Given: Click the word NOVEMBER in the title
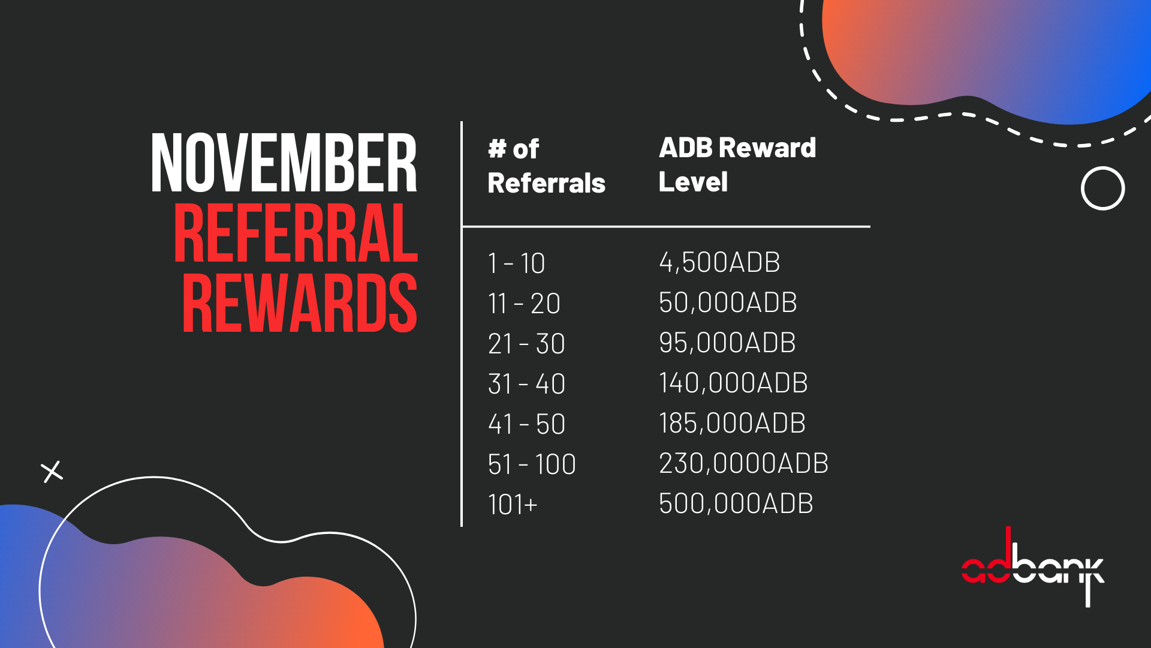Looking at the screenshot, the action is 284,163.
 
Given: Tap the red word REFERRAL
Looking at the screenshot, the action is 296,233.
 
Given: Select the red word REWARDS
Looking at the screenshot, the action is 299,303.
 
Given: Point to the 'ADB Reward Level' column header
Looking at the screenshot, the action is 737,164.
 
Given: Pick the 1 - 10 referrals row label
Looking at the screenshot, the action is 516,263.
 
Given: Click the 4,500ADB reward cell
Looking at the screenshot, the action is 719,262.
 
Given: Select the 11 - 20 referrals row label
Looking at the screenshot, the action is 524,304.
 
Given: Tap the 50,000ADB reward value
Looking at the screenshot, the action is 728,302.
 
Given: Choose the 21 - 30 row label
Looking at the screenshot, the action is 526,344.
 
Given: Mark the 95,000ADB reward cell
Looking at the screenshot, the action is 727,343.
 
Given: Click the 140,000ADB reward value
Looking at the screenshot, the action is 733,383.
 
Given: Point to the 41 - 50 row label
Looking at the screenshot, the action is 526,424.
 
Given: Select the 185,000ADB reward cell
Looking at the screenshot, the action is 732,423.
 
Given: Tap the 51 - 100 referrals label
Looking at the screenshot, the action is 532,464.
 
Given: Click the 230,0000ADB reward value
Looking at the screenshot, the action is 743,463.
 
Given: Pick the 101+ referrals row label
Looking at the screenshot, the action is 513,505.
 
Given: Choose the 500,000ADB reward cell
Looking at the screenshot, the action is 736,503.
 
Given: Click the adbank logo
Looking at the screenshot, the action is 1032,567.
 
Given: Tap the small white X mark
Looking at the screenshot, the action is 52,472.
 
